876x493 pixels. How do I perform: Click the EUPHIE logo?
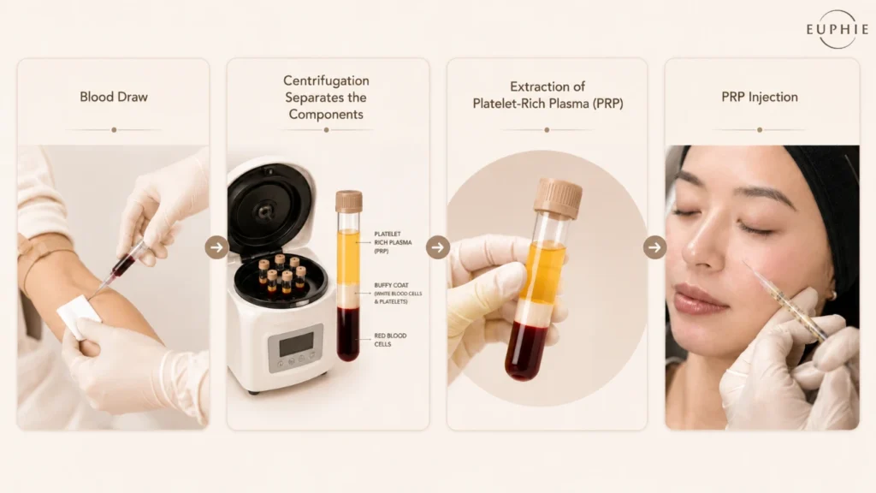[837, 29]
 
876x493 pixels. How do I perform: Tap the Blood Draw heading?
[114, 97]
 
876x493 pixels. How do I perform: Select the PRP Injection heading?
[760, 97]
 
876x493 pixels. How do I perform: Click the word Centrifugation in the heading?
[326, 80]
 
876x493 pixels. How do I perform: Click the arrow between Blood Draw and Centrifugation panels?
[216, 247]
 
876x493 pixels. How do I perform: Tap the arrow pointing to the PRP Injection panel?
[654, 247]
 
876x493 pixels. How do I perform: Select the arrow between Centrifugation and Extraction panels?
[438, 247]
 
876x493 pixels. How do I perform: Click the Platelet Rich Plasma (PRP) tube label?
[393, 242]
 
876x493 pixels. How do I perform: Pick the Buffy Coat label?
[398, 293]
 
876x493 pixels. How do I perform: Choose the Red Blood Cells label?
[390, 340]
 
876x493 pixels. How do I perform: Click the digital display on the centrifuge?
[296, 345]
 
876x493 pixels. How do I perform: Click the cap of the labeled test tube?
[349, 201]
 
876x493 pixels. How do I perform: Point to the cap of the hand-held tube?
[558, 197]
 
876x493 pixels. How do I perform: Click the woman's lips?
[700, 299]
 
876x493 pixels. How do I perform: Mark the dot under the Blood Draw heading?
[114, 130]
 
